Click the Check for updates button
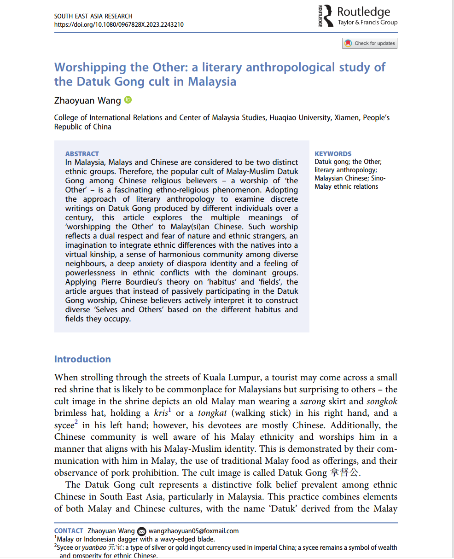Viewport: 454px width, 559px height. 370,43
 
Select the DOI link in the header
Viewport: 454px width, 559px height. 119,24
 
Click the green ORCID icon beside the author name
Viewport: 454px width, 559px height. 128,100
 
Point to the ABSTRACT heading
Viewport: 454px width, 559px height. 82,154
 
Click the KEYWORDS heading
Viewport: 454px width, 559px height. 333,154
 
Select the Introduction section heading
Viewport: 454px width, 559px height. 82,359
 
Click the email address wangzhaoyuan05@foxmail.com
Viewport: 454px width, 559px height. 193,531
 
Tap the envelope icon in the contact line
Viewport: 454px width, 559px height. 142,531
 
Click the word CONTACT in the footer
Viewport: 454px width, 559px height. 69,531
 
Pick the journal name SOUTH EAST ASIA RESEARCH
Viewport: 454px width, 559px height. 93,16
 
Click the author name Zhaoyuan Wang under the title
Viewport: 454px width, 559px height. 87,100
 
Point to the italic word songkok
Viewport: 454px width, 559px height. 382,402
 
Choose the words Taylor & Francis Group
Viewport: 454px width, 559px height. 367,22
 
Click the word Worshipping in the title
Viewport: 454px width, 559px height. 90,67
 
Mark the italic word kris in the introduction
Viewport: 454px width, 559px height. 161,413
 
